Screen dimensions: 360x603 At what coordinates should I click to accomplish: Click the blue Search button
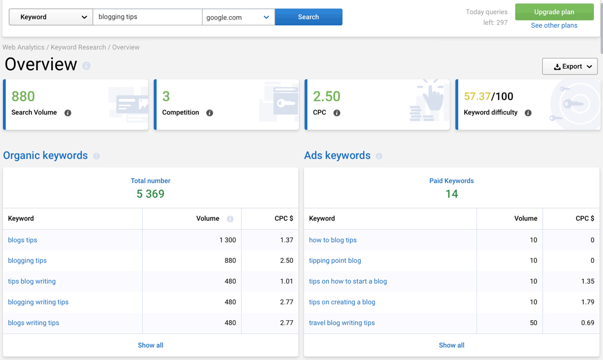(308, 17)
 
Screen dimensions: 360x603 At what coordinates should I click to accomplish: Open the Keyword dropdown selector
(51, 17)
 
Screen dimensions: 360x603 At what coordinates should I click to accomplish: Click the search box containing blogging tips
(147, 17)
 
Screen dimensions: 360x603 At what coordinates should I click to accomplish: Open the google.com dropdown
(238, 17)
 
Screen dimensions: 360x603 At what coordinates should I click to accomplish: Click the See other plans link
(554, 25)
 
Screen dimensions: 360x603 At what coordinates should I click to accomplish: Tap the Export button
(569, 66)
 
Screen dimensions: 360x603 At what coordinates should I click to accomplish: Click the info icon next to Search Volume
(68, 113)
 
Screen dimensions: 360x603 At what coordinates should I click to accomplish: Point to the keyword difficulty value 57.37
(477, 97)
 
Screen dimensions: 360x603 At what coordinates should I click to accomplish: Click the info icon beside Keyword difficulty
(528, 113)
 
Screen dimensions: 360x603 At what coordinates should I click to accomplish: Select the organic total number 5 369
(151, 194)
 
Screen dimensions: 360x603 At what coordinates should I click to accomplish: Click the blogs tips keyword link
(22, 240)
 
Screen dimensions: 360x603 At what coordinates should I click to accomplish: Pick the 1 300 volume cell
(227, 240)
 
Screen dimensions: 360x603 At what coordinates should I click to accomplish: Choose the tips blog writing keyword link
(31, 281)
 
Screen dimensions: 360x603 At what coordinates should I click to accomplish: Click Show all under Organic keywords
(151, 345)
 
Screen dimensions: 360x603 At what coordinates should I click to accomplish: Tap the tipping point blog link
(335, 261)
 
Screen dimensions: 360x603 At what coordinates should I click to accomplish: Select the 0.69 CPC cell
(587, 323)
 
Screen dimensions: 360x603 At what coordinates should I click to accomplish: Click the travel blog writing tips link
(342, 323)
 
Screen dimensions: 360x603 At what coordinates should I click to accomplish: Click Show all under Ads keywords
(451, 345)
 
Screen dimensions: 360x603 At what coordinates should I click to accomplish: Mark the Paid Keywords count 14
(451, 194)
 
